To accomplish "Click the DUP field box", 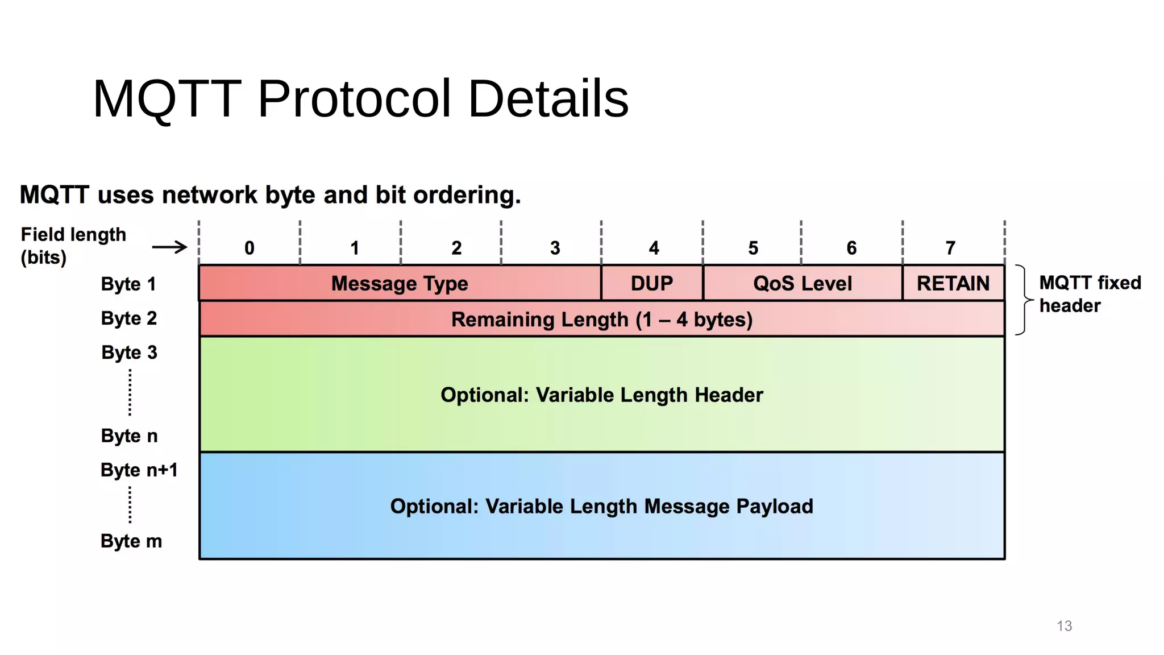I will (652, 283).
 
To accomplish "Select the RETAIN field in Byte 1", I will (953, 283).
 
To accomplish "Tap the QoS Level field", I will (803, 283).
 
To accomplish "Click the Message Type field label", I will (400, 283).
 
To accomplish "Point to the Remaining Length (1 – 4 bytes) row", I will (601, 320).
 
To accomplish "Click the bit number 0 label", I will (250, 248).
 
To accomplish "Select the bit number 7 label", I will (950, 248).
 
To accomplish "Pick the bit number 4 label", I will (654, 248).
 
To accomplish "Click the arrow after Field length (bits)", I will (169, 247).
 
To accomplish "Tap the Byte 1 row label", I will (128, 284).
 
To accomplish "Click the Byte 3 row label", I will (129, 353).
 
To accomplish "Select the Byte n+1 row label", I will (139, 470).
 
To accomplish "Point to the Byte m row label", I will (131, 541).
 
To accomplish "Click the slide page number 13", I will (1064, 626).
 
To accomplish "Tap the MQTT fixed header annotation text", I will (1090, 294).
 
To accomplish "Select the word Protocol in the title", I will (355, 99).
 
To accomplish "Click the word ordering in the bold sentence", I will (467, 195).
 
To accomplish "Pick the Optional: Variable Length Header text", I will (601, 395).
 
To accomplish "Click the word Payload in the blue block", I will (775, 506).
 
